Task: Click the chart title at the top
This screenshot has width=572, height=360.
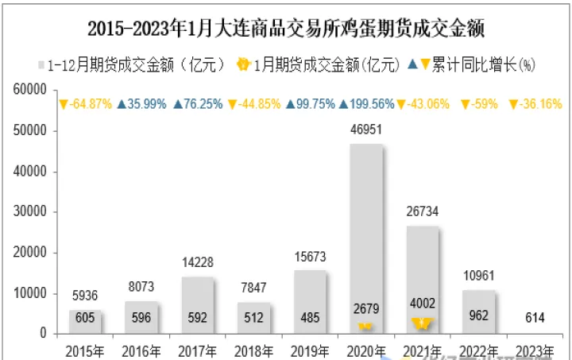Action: coord(286,29)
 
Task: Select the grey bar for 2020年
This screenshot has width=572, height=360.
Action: coord(365,238)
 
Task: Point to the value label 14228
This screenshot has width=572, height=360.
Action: coord(197,263)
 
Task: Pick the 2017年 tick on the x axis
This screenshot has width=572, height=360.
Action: coord(197,350)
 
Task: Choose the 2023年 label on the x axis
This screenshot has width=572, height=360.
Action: coord(535,350)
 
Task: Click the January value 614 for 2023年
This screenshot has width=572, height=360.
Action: coord(535,318)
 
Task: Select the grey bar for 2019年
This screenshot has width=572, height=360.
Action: coord(310,302)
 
